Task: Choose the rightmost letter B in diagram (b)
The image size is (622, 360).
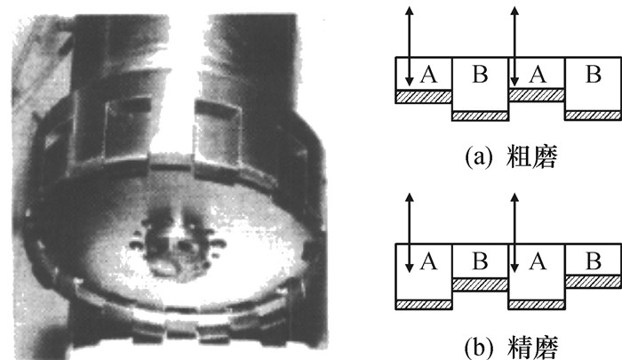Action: (x=593, y=261)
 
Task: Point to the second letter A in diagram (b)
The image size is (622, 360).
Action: (x=537, y=261)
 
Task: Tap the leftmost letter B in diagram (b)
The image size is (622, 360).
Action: (x=480, y=261)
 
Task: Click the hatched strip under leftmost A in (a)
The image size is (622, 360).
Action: (x=424, y=95)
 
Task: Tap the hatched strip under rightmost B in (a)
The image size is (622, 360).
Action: (x=593, y=115)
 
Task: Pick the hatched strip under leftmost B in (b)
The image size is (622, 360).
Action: (x=480, y=283)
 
